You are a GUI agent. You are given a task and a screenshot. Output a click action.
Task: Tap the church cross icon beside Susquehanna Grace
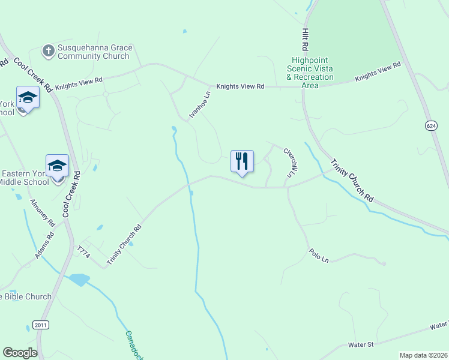(x=48, y=52)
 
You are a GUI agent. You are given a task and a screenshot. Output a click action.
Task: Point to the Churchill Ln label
(x=290, y=163)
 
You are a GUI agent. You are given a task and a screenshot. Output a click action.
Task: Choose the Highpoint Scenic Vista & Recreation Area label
(x=310, y=73)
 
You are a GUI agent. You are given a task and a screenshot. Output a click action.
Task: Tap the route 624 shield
(x=431, y=126)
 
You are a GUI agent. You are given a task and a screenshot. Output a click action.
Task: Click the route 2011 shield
(x=40, y=325)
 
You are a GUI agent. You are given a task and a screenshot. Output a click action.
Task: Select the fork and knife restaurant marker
(x=242, y=161)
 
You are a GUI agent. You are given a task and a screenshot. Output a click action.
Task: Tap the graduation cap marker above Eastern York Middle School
(x=57, y=166)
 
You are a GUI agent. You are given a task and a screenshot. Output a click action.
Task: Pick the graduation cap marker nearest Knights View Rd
(x=28, y=97)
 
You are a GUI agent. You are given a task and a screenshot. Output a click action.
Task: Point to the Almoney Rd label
(x=41, y=212)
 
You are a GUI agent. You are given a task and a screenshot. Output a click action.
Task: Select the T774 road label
(x=83, y=252)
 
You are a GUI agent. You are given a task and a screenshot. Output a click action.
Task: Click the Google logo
(x=20, y=353)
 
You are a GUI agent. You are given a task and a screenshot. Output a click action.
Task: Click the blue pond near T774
(x=79, y=280)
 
